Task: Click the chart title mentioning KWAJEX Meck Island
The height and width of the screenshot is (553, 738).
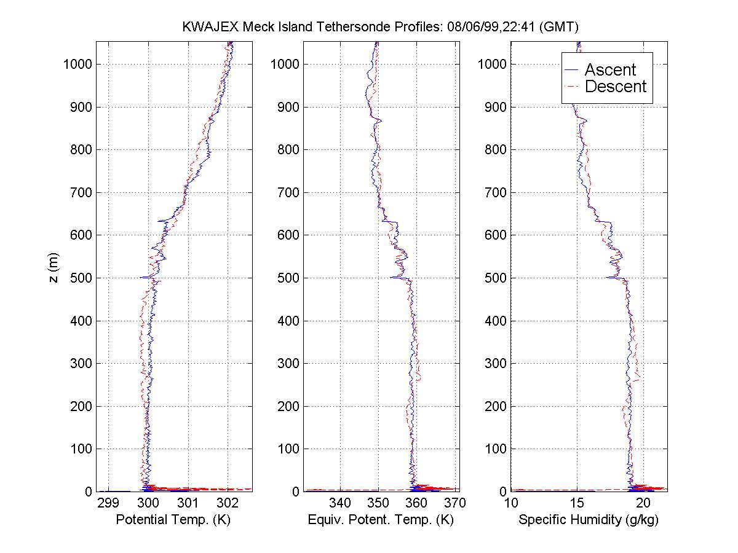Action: tap(381, 27)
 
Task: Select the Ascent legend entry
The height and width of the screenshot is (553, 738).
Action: tap(609, 69)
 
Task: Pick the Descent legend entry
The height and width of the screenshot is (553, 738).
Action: tap(615, 87)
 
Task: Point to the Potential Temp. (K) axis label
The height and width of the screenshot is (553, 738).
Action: tap(173, 520)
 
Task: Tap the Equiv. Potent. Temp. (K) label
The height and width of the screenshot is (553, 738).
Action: tap(380, 520)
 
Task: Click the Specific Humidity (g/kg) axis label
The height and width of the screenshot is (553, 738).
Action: tap(589, 520)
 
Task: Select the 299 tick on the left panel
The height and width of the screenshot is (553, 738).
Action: tap(108, 503)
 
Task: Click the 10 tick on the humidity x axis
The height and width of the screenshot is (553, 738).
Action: tap(511, 503)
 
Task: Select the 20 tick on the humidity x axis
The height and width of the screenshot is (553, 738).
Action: tap(643, 503)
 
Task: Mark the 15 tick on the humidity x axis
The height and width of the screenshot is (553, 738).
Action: tap(577, 503)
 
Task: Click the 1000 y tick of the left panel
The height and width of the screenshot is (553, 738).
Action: tap(77, 65)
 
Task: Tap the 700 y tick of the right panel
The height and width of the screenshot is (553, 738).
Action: tap(495, 192)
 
